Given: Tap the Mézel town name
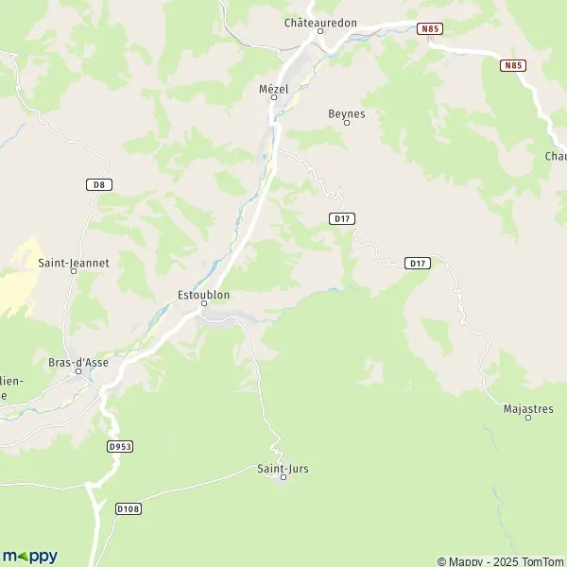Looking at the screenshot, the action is [x=274, y=88].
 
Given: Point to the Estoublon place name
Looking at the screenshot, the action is [x=203, y=295].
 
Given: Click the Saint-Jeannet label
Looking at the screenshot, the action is [x=74, y=264].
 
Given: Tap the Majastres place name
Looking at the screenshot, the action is [x=528, y=408].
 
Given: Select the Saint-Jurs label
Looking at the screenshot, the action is [x=283, y=468].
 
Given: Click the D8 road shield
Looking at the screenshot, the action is [x=99, y=184].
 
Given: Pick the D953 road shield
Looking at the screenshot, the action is [x=120, y=445].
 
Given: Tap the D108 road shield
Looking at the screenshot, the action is [x=129, y=508].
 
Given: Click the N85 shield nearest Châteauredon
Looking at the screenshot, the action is [x=430, y=29].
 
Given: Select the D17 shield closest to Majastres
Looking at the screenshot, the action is [x=417, y=262].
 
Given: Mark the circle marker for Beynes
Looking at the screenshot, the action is [x=347, y=123].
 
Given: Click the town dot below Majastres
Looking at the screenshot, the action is [x=528, y=418].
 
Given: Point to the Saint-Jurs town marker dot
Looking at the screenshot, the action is [x=283, y=478].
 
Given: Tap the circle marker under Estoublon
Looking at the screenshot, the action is [x=203, y=304].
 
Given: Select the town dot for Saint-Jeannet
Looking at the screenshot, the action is [x=74, y=274].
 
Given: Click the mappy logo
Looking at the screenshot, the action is [x=29, y=556].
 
